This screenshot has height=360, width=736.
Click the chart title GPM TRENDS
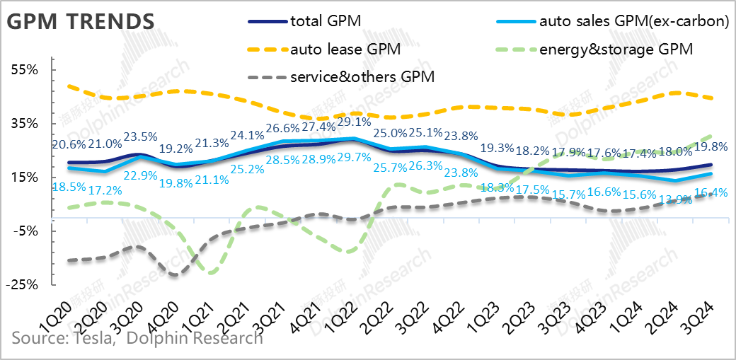(x=80, y=21)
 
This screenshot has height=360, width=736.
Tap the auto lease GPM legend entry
(x=345, y=49)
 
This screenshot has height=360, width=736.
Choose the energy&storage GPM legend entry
(x=614, y=49)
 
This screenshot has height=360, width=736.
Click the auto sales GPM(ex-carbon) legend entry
(x=633, y=21)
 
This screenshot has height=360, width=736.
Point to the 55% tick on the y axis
(x=24, y=69)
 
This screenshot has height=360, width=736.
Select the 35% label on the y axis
(x=24, y=123)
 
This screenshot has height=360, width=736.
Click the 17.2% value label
(x=104, y=190)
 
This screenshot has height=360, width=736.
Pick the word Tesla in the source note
(x=93, y=338)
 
